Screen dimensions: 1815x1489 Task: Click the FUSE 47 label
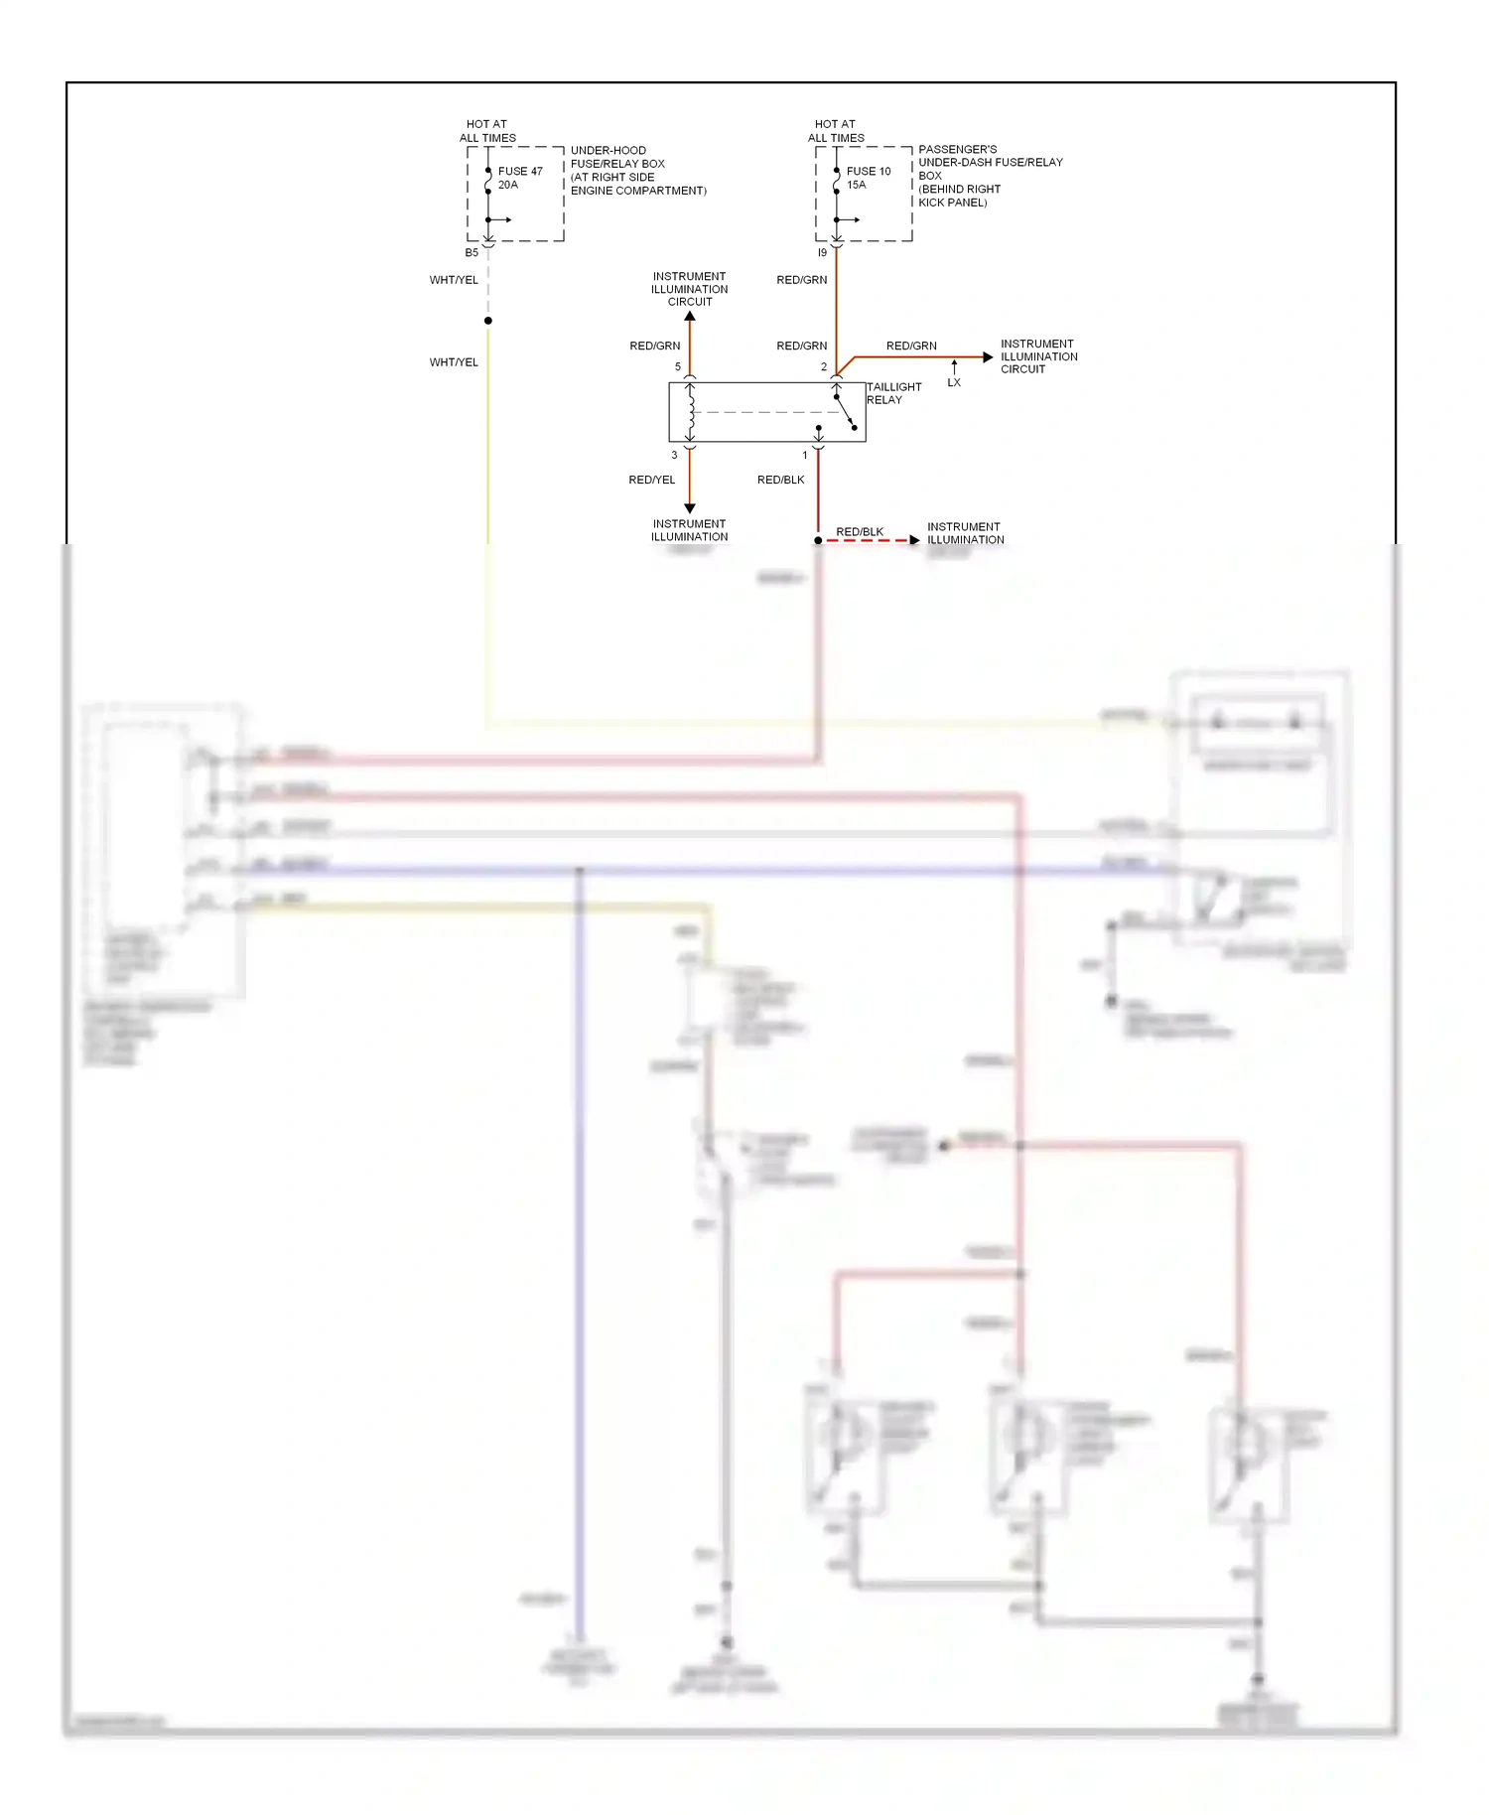coord(520,171)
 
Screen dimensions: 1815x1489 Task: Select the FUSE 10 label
coord(869,171)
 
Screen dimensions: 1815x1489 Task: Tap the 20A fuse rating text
coord(508,185)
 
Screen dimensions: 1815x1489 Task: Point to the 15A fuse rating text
coord(857,185)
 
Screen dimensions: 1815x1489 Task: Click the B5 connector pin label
coord(472,252)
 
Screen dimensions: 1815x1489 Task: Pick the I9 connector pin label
coord(822,252)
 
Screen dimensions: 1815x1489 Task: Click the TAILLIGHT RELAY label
coord(893,393)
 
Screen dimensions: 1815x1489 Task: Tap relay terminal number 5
coord(678,366)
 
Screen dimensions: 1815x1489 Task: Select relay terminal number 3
coord(674,455)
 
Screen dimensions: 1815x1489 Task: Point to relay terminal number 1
coord(805,455)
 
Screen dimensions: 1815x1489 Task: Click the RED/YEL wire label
coord(652,480)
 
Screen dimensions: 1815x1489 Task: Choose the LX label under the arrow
coord(954,382)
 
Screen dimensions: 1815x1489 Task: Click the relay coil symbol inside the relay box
coord(690,412)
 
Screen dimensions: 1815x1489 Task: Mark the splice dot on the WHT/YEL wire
coord(488,321)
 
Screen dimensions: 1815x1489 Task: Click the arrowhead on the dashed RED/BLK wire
coord(914,540)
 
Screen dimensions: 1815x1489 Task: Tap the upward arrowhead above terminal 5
coord(690,317)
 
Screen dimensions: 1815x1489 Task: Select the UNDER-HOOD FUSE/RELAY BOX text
coord(617,157)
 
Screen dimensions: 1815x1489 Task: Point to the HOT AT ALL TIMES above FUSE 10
coord(836,131)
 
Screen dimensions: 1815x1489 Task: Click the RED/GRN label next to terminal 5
coord(655,346)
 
